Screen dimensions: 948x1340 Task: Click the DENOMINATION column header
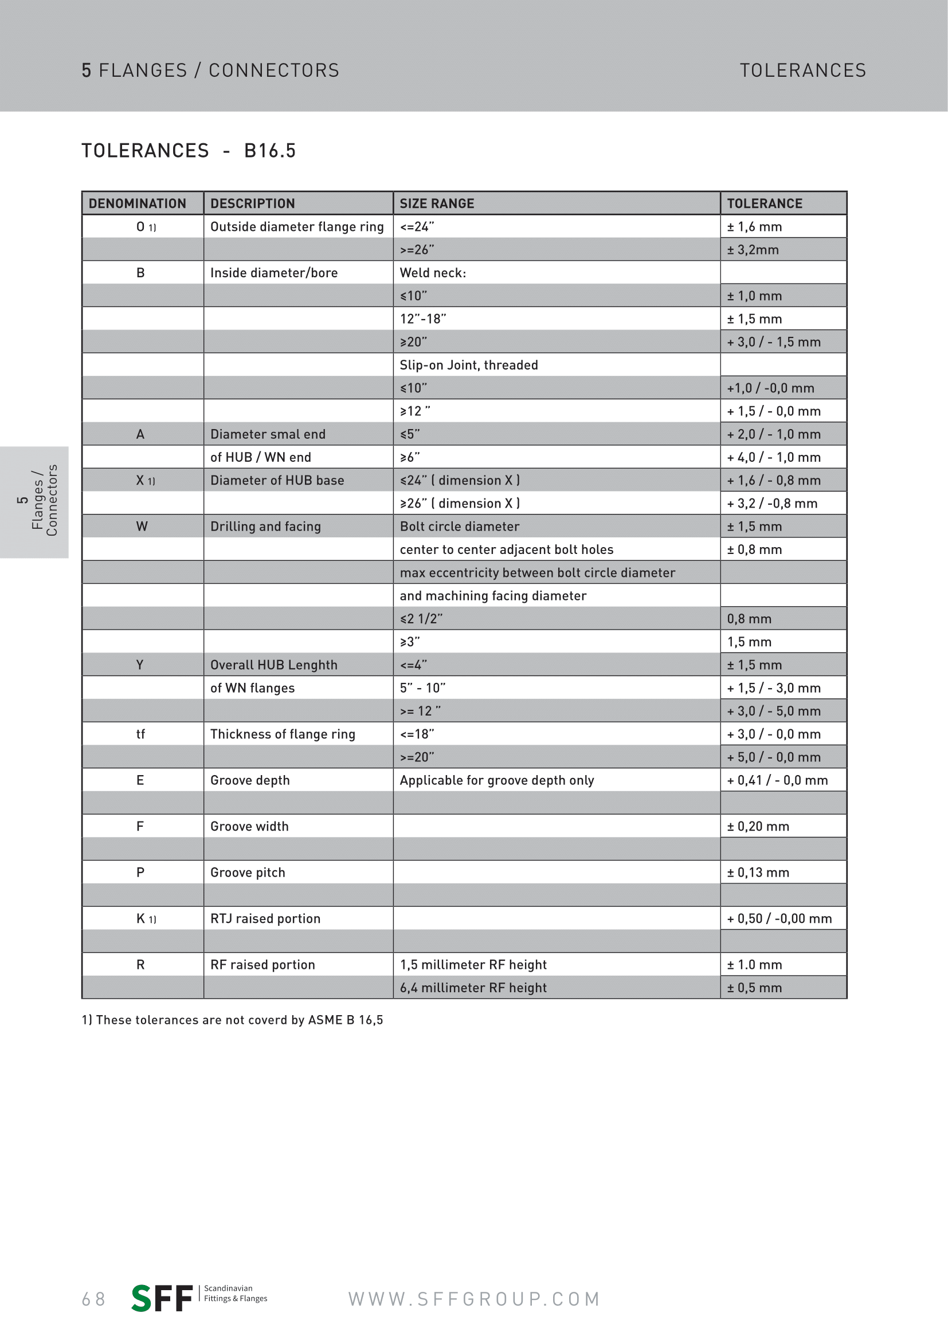[137, 204]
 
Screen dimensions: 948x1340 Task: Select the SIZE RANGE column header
[437, 204]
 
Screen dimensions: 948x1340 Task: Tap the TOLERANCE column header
[764, 204]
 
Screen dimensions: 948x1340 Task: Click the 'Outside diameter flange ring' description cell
[296, 227]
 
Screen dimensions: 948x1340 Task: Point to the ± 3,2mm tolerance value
[753, 250]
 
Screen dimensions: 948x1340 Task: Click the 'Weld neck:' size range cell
[433, 273]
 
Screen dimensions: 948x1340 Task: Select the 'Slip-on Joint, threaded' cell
[469, 366]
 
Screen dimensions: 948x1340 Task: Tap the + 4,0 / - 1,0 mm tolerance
[773, 458]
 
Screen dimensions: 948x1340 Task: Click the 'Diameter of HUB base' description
[277, 480]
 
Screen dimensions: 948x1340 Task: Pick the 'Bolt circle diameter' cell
[460, 526]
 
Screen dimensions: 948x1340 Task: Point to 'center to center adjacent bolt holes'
[506, 550]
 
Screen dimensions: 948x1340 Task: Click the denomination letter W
[141, 526]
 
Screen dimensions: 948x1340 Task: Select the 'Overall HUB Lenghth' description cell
[274, 665]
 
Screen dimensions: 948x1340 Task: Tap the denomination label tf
[140, 734]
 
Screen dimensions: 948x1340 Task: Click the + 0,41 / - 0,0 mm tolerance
[777, 780]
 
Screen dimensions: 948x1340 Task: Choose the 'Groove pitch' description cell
[248, 873]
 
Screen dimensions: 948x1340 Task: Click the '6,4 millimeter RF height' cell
[473, 988]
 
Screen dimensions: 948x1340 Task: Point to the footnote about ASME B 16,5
[232, 1020]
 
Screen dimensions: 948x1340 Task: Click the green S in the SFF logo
[142, 1298]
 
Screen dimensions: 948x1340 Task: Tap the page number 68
[93, 1299]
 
